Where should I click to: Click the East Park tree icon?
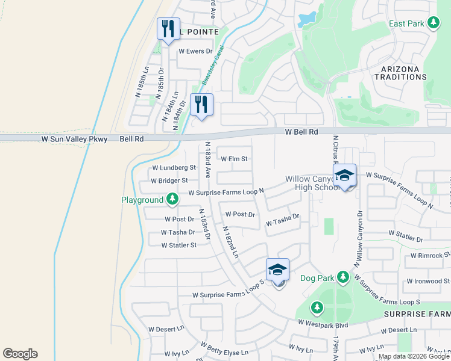point(433,23)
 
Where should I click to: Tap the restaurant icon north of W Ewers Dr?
point(168,28)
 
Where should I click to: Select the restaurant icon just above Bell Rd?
point(201,104)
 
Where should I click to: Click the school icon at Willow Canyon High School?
point(345,175)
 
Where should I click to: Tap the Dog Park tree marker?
point(343,277)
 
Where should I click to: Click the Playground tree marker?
point(172,199)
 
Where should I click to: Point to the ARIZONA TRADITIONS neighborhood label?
point(400,73)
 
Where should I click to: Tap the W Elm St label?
point(235,159)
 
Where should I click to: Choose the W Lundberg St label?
point(174,168)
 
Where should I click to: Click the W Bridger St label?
point(169,180)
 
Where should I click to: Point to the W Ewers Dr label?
point(195,51)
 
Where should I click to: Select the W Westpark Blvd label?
point(323,324)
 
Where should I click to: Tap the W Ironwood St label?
point(429,281)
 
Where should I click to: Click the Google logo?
point(20,354)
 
